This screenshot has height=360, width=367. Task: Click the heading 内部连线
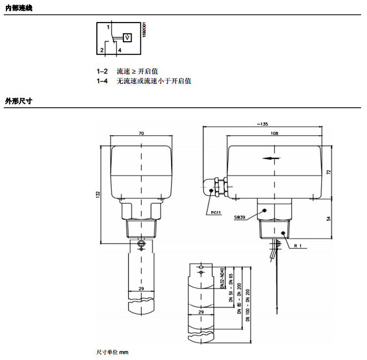pos(18,7)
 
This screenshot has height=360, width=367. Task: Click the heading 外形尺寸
pos(18,101)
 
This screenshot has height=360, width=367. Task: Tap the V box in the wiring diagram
pos(127,37)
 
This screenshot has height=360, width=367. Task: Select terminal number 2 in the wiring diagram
pos(102,50)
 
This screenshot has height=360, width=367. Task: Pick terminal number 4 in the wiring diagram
pos(119,50)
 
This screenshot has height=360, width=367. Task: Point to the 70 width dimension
pos(141,133)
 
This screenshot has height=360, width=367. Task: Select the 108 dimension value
pos(274,133)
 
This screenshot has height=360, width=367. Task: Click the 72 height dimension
pos(329,172)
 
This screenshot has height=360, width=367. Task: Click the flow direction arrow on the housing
pos(272,158)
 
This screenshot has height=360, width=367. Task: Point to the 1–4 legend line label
pos(102,81)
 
